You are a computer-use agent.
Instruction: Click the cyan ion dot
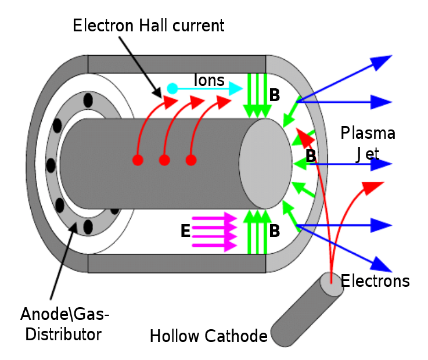coord(172,89)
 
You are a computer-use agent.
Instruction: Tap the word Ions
coord(209,80)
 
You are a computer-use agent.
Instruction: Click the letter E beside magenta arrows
coord(185,231)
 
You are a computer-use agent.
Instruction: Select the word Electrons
coord(375,282)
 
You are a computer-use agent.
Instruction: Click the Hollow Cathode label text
coord(208,336)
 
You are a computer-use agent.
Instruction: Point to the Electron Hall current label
coord(149,26)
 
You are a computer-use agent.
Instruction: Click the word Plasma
coord(368,133)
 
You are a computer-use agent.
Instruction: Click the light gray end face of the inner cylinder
coord(266,163)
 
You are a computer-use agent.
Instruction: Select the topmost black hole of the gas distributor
coord(88,101)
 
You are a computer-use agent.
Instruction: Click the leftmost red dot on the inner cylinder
coord(138,160)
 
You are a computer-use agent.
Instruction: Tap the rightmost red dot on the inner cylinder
coord(190,160)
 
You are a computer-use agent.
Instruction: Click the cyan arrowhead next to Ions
coord(235,89)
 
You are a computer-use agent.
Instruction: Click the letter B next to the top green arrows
coord(275,95)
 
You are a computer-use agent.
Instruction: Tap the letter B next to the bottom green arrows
coord(275,231)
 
